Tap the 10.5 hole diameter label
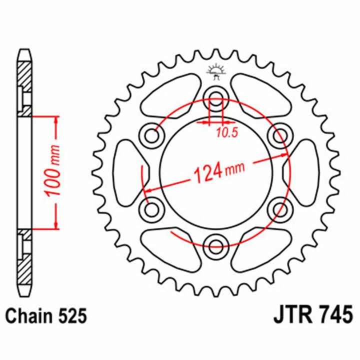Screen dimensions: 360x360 pos(226,132)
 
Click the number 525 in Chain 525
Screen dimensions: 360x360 pos(72,316)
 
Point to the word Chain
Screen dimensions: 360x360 pos(29,316)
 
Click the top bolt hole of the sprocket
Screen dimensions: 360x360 pos(215,96)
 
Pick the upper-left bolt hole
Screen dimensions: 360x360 pos(152,136)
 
